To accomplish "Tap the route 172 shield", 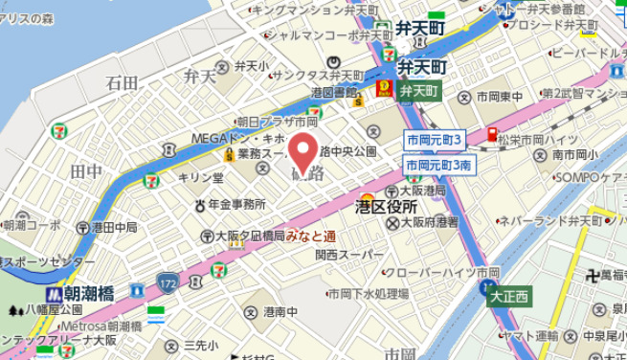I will click(168, 283).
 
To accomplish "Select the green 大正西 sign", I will click(509, 297).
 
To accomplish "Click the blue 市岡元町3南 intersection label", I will click(439, 166).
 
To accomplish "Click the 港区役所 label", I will click(386, 206).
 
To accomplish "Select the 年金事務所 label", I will click(235, 204).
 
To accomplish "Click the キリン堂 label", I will click(203, 178).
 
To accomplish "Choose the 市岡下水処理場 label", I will click(368, 294).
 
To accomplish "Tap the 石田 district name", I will click(122, 83).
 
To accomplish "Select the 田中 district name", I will click(86, 170).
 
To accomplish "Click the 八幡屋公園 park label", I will click(55, 310).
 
